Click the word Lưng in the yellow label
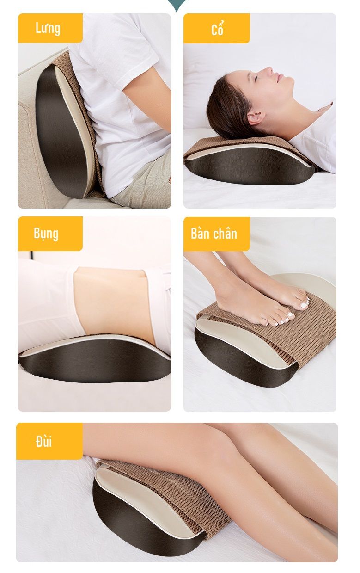click(x=48, y=28)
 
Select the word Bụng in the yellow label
click(x=46, y=234)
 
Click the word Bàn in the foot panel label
click(x=200, y=233)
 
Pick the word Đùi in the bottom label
click(x=44, y=441)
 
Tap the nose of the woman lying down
click(x=268, y=71)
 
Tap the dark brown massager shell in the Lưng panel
click(x=61, y=133)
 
